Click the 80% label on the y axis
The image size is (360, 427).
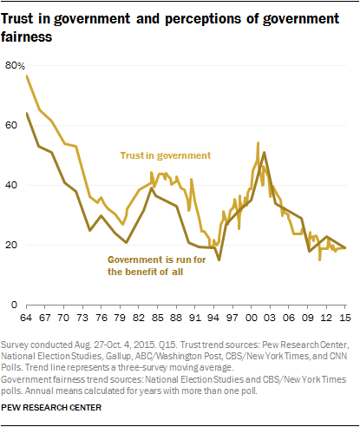tap(15, 65)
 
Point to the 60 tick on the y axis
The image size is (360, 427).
tap(12, 126)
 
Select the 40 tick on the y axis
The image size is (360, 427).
tap(12, 186)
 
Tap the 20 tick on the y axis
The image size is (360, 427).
tap(12, 246)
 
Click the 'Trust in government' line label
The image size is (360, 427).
tap(165, 156)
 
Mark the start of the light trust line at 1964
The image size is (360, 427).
tap(26, 76)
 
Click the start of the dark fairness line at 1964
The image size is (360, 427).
tap(26, 113)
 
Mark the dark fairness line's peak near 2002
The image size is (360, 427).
tap(264, 153)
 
